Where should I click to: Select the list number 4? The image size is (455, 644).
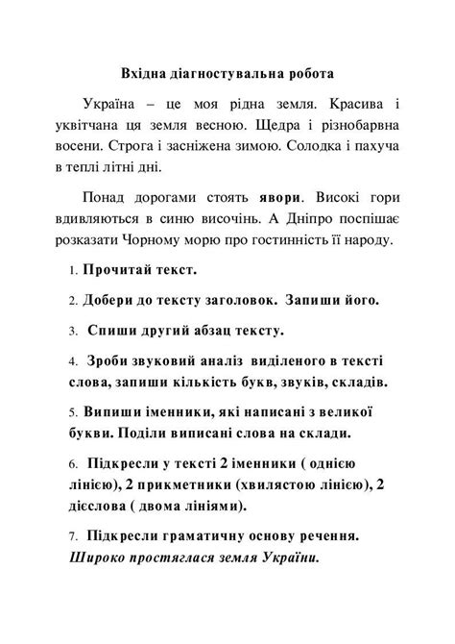point(73,362)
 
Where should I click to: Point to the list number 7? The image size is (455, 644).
point(73,534)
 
